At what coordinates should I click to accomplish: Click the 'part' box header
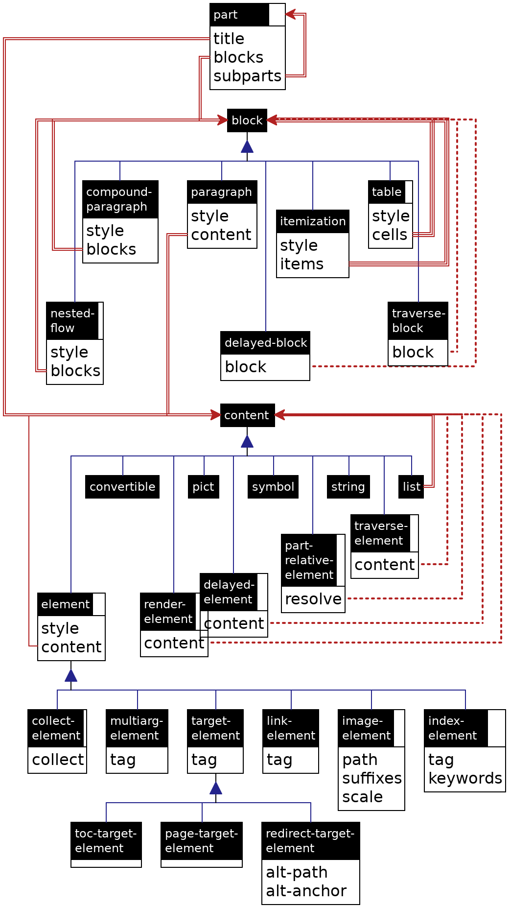click(239, 15)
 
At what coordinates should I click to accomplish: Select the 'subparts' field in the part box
click(247, 76)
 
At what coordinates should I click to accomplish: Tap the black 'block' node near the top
click(247, 120)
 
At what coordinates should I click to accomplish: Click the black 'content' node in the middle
click(247, 415)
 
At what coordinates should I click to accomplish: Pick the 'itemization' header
click(312, 221)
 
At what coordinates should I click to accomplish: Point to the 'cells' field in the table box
click(390, 235)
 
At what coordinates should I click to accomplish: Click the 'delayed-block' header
click(265, 343)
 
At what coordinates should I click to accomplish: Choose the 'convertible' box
click(122, 487)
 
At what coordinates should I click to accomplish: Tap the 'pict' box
click(203, 487)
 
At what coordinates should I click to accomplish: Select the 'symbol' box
click(273, 487)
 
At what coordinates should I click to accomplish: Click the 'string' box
click(348, 487)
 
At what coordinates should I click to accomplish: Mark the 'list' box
click(411, 487)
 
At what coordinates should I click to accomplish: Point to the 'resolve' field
click(313, 599)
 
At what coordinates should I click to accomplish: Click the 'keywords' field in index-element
click(465, 778)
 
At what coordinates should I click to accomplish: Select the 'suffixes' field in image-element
click(372, 778)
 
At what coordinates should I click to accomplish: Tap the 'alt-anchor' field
click(306, 891)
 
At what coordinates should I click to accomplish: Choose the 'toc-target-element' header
click(106, 841)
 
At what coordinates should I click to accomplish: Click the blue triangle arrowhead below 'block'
click(247, 146)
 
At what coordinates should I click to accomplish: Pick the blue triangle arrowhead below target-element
click(216, 788)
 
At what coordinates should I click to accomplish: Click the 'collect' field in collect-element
click(58, 760)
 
